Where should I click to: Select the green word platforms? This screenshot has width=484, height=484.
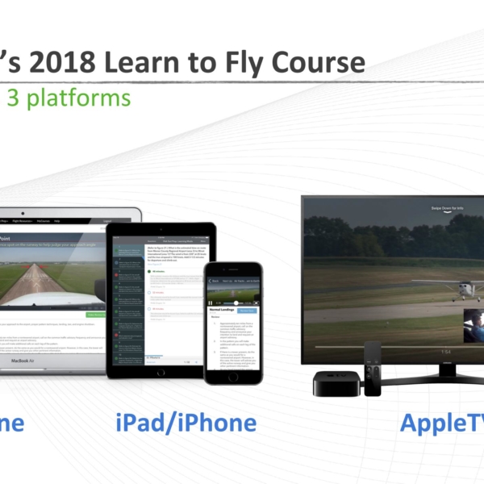tap(81, 98)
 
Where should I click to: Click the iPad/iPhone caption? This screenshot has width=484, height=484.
tap(186, 423)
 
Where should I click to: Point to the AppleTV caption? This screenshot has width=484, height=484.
tap(440, 423)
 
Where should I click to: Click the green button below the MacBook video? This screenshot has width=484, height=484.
tap(95, 315)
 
